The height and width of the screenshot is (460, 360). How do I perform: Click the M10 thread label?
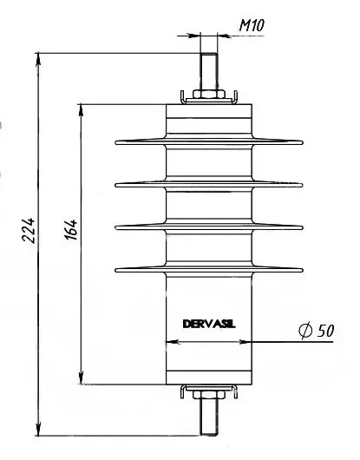point(252,25)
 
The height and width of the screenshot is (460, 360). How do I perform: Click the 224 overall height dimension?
point(29,230)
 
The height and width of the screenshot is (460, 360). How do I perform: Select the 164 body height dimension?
point(71,229)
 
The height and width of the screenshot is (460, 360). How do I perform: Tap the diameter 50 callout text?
point(317,331)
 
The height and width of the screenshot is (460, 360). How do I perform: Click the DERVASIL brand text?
point(209,324)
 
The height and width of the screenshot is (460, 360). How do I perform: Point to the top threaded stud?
point(209,71)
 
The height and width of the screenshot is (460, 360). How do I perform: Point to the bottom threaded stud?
point(209,417)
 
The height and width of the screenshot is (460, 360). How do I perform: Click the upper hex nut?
point(209,94)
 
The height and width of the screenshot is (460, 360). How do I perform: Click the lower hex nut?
point(209,395)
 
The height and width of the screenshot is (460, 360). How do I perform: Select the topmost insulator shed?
point(209,142)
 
